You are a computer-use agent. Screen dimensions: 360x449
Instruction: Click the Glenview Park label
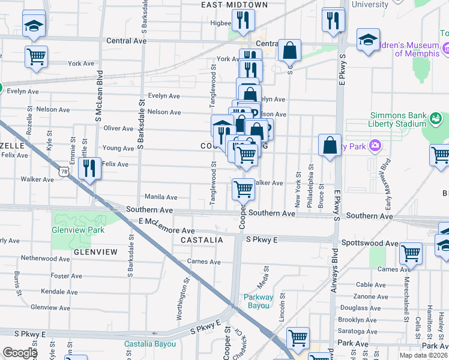point(78,230)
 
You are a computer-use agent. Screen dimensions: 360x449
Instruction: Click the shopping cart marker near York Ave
point(37,56)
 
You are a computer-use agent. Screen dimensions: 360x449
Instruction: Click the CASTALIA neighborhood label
point(202,240)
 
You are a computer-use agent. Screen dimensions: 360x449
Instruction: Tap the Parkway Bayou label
point(259,301)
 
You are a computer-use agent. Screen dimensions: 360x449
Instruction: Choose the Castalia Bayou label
point(150,344)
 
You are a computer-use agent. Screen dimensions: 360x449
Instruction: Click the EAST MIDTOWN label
point(234,5)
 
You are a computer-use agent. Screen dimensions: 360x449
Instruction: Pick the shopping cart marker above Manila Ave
point(243,189)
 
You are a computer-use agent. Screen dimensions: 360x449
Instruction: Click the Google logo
point(20,353)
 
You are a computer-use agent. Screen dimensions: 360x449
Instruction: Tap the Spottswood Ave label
point(369,244)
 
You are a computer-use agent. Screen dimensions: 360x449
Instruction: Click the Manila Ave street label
point(160,197)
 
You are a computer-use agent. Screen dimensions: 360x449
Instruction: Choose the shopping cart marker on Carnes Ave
point(411,253)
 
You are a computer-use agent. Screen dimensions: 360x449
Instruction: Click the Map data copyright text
point(423,355)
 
